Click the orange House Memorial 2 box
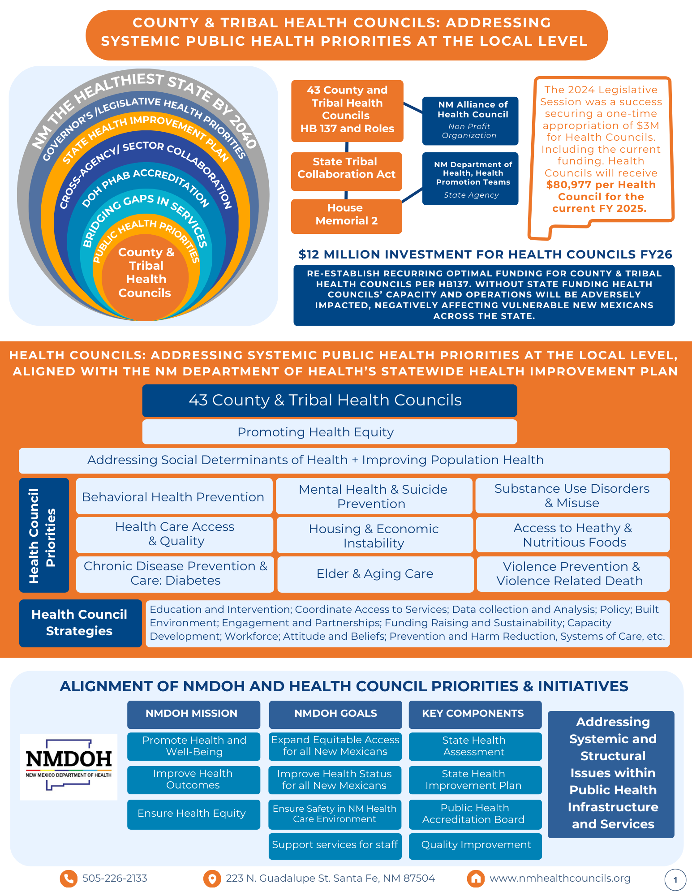point(346,216)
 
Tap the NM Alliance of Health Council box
point(470,121)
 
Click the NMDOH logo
point(69,767)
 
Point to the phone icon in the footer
point(69,879)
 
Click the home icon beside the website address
point(476,879)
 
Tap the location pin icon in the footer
point(212,879)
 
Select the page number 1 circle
point(675,880)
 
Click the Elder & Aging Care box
point(375,574)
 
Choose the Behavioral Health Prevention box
point(174,496)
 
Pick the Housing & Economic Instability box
point(374,535)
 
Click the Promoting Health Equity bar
point(329,432)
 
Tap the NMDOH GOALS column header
point(335,714)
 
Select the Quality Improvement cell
point(475,845)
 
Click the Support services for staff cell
point(335,845)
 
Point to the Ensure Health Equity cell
point(193,814)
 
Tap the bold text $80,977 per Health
point(601,185)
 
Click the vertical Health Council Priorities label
point(43,535)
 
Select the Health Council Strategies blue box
point(80,623)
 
